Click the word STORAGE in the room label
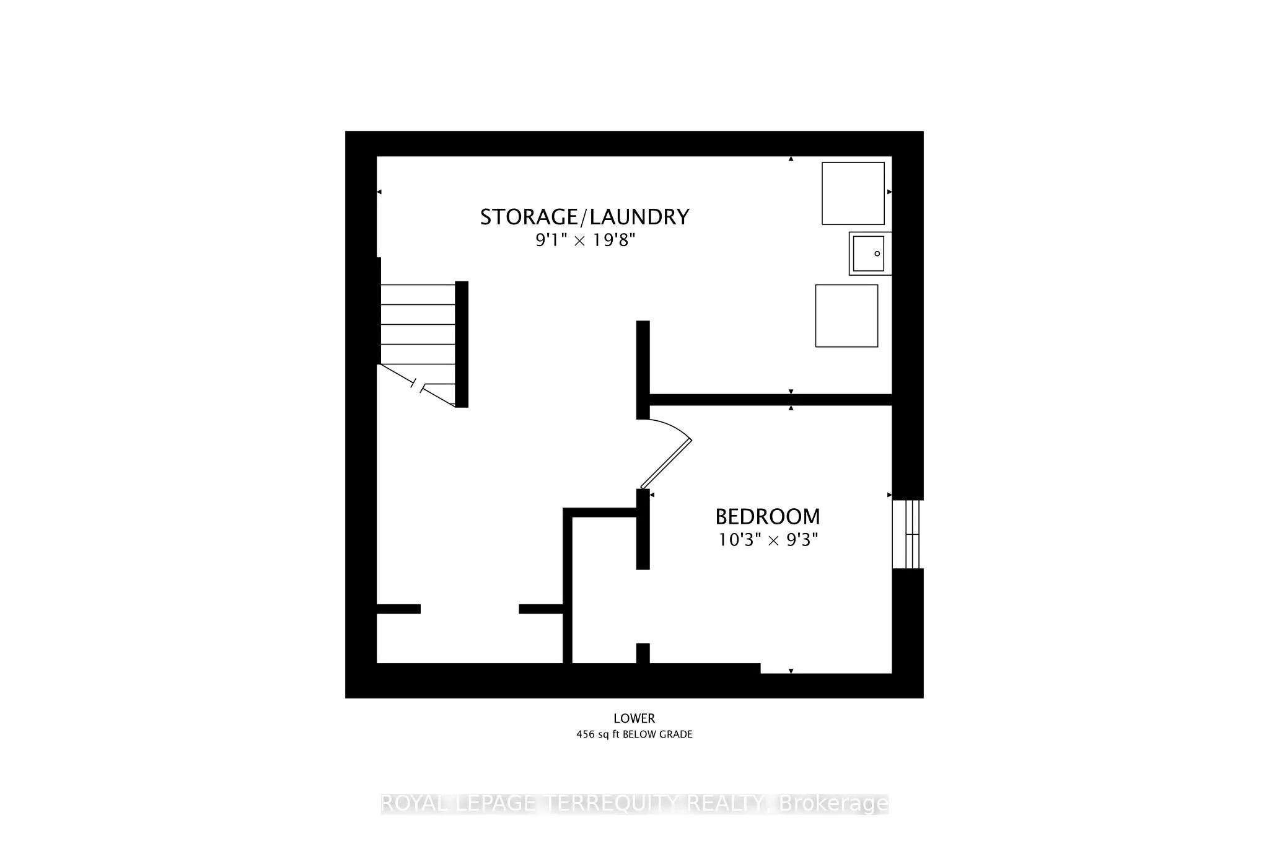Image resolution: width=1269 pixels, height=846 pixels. click(x=528, y=217)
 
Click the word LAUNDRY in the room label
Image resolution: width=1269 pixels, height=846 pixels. click(x=639, y=217)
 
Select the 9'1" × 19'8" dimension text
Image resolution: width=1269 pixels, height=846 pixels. click(x=586, y=240)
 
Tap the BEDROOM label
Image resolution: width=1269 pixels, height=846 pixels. click(x=767, y=516)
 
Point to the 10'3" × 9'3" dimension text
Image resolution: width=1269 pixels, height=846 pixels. click(x=768, y=540)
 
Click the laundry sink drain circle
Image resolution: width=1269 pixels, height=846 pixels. click(x=877, y=253)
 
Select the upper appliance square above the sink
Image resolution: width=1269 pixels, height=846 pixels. click(x=853, y=193)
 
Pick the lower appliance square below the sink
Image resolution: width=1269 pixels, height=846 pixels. click(x=846, y=315)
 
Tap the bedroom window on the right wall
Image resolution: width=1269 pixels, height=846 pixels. click(x=907, y=534)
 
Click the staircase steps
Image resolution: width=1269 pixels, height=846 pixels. click(x=418, y=324)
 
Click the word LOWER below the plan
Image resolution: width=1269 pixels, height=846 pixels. click(x=634, y=718)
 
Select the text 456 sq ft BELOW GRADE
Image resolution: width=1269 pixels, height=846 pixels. click(x=634, y=734)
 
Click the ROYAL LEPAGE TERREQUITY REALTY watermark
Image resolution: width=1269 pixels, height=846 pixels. click(x=634, y=804)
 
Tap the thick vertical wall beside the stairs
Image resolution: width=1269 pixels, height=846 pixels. click(x=462, y=344)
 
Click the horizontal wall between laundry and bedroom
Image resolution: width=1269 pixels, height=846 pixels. click(x=768, y=400)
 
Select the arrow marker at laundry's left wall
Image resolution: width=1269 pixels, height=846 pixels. click(x=379, y=192)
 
